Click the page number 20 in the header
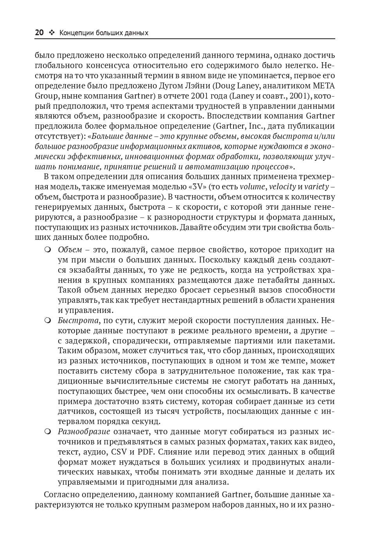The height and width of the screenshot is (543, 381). click(39, 33)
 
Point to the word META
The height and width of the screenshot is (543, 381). click(324, 86)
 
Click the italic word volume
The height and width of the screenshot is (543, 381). click(252, 186)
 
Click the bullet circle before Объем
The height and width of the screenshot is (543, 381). click(48, 250)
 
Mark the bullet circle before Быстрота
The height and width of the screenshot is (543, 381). click(48, 321)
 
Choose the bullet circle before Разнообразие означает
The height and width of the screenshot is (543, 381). click(48, 432)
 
